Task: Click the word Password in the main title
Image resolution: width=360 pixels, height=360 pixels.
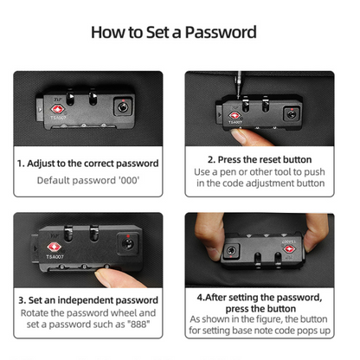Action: tap(221, 32)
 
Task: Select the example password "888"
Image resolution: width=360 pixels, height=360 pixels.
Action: tap(138, 325)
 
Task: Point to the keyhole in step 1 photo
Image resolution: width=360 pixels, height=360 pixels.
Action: tap(123, 107)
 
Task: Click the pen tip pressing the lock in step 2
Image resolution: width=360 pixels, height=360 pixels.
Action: tap(239, 93)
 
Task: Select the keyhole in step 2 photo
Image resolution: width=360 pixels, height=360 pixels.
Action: tap(291, 114)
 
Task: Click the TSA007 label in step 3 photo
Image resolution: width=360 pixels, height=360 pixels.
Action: tap(55, 256)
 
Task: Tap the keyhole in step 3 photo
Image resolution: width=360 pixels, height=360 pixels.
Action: tap(127, 244)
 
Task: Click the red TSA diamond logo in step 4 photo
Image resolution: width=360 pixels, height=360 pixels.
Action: tap(289, 248)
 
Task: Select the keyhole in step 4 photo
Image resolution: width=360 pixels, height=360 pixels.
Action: tap(231, 250)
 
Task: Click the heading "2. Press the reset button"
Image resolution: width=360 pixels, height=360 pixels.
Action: tap(260, 159)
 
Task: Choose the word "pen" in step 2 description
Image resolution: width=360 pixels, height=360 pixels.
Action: tap(228, 172)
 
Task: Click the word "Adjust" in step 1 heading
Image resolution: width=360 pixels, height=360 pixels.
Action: tap(42, 164)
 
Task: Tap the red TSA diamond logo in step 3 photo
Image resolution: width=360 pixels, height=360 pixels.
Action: tap(54, 247)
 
